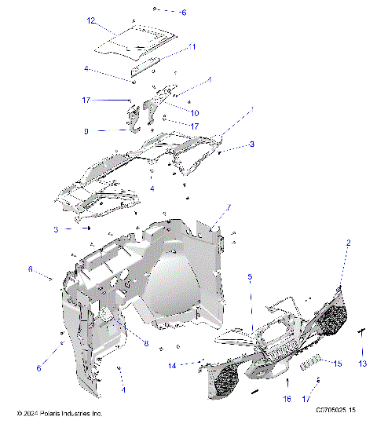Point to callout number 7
click(229, 207)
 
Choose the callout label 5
click(250, 277)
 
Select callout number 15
click(339, 364)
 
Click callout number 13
click(363, 364)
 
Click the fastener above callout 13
click(363, 332)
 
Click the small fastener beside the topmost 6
click(157, 10)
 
